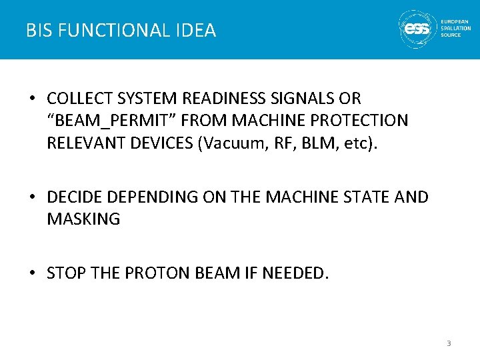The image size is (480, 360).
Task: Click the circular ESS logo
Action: [x=417, y=29]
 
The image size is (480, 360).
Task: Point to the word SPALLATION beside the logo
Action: [x=456, y=29]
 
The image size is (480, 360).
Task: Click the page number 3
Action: [x=449, y=343]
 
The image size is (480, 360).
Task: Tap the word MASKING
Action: [x=83, y=219]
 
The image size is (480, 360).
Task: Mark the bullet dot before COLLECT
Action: [x=32, y=99]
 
